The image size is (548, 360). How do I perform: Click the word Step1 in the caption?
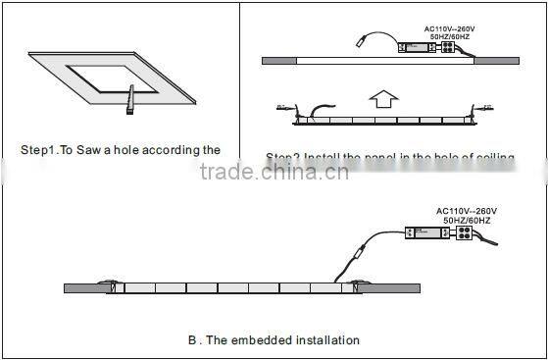40,150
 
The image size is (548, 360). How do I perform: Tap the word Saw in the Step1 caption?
94,150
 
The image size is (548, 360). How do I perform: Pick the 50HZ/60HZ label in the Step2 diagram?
450,36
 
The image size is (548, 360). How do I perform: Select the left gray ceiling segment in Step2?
280,61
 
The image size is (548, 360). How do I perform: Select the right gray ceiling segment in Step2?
496,61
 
